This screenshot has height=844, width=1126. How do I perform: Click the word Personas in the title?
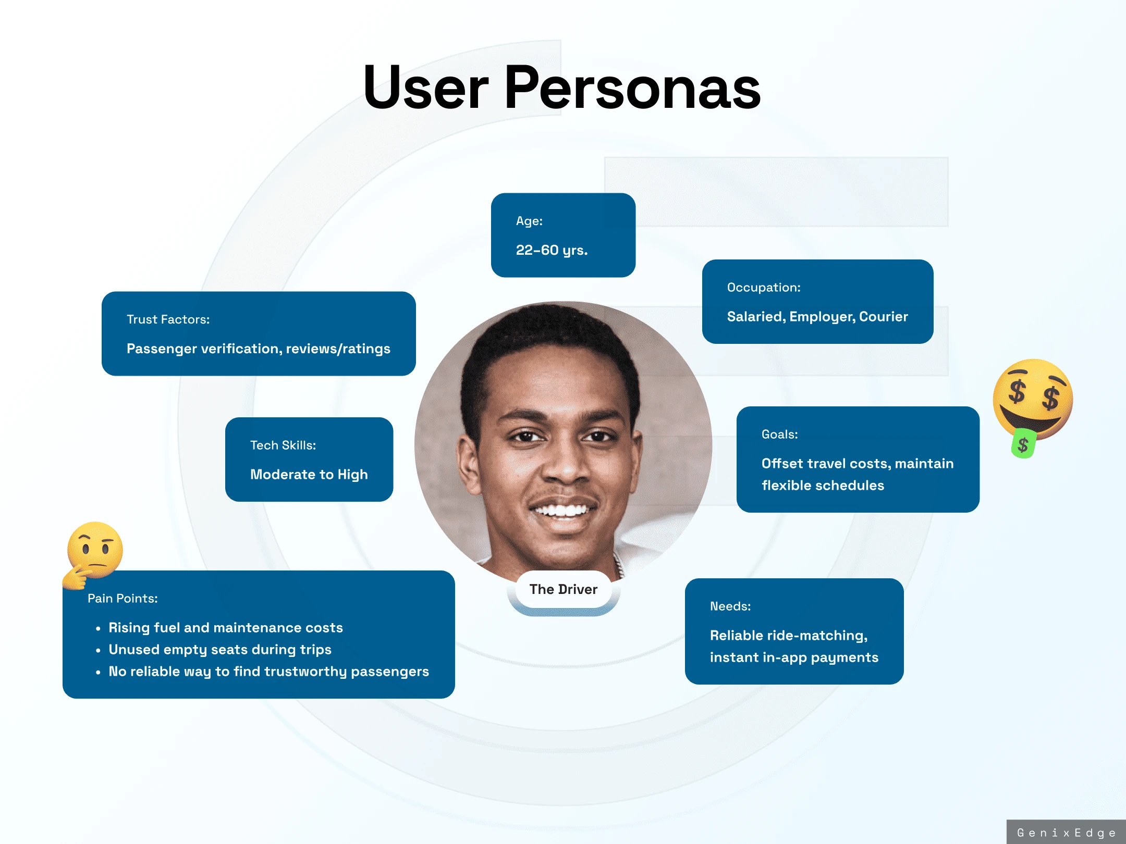point(632,88)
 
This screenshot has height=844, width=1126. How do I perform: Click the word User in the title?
point(426,88)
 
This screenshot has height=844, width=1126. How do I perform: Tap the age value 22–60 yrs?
point(552,251)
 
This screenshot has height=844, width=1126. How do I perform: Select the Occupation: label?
point(764,288)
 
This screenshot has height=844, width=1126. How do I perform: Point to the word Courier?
point(884,317)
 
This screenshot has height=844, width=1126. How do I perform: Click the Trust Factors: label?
point(168,319)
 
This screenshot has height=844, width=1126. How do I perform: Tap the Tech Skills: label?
point(283,445)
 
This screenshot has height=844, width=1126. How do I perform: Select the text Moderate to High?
point(309,475)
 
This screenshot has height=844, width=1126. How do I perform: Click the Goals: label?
point(779,435)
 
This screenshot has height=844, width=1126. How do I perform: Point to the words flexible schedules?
point(823,486)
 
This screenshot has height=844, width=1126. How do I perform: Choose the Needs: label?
point(730,606)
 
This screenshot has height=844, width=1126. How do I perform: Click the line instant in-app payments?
point(794,658)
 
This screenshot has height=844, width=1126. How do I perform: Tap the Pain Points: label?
point(123,599)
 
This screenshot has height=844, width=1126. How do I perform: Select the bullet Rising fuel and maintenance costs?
point(226,628)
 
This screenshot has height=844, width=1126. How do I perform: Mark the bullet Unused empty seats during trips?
point(220,650)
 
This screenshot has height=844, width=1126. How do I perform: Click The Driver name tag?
point(564,590)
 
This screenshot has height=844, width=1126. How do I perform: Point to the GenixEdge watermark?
point(1066,833)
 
